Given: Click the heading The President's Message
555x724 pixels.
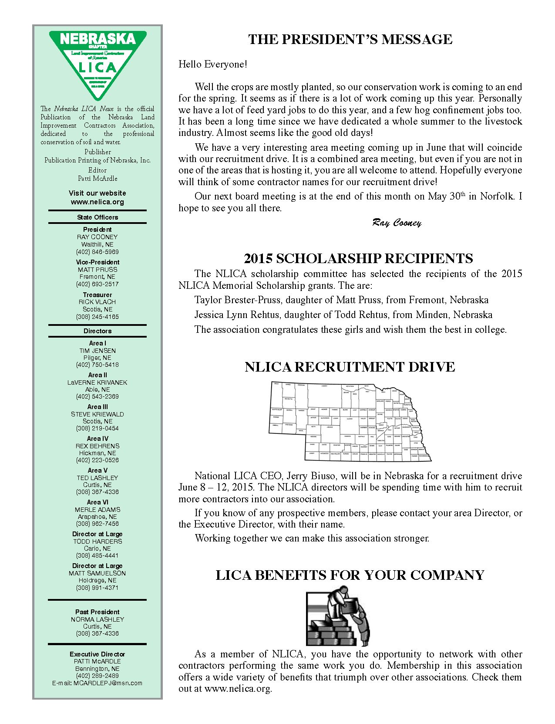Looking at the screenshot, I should [x=350, y=39].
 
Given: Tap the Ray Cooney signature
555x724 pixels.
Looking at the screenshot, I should [x=397, y=223].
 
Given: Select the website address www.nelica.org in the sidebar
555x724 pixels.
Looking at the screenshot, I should [x=98, y=202].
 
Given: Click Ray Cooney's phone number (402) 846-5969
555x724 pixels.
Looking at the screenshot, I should [x=98, y=252].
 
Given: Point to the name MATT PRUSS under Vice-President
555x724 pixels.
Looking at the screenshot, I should [x=98, y=270].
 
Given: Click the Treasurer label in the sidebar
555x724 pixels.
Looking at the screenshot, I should [x=98, y=295].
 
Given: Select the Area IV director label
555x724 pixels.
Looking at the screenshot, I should [x=98, y=439].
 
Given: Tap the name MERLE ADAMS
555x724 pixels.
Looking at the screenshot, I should [x=98, y=510].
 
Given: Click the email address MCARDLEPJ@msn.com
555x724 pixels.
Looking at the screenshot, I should [x=108, y=683].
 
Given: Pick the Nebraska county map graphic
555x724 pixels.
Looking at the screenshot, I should [x=350, y=421].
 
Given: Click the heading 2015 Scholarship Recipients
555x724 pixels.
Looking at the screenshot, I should [x=358, y=259].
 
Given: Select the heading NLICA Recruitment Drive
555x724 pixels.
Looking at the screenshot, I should [x=350, y=367].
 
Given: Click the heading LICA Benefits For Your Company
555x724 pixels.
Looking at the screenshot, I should [x=350, y=575].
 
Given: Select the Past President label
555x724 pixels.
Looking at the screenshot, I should [x=98, y=612].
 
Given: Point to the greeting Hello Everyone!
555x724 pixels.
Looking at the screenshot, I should [x=212, y=64].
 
